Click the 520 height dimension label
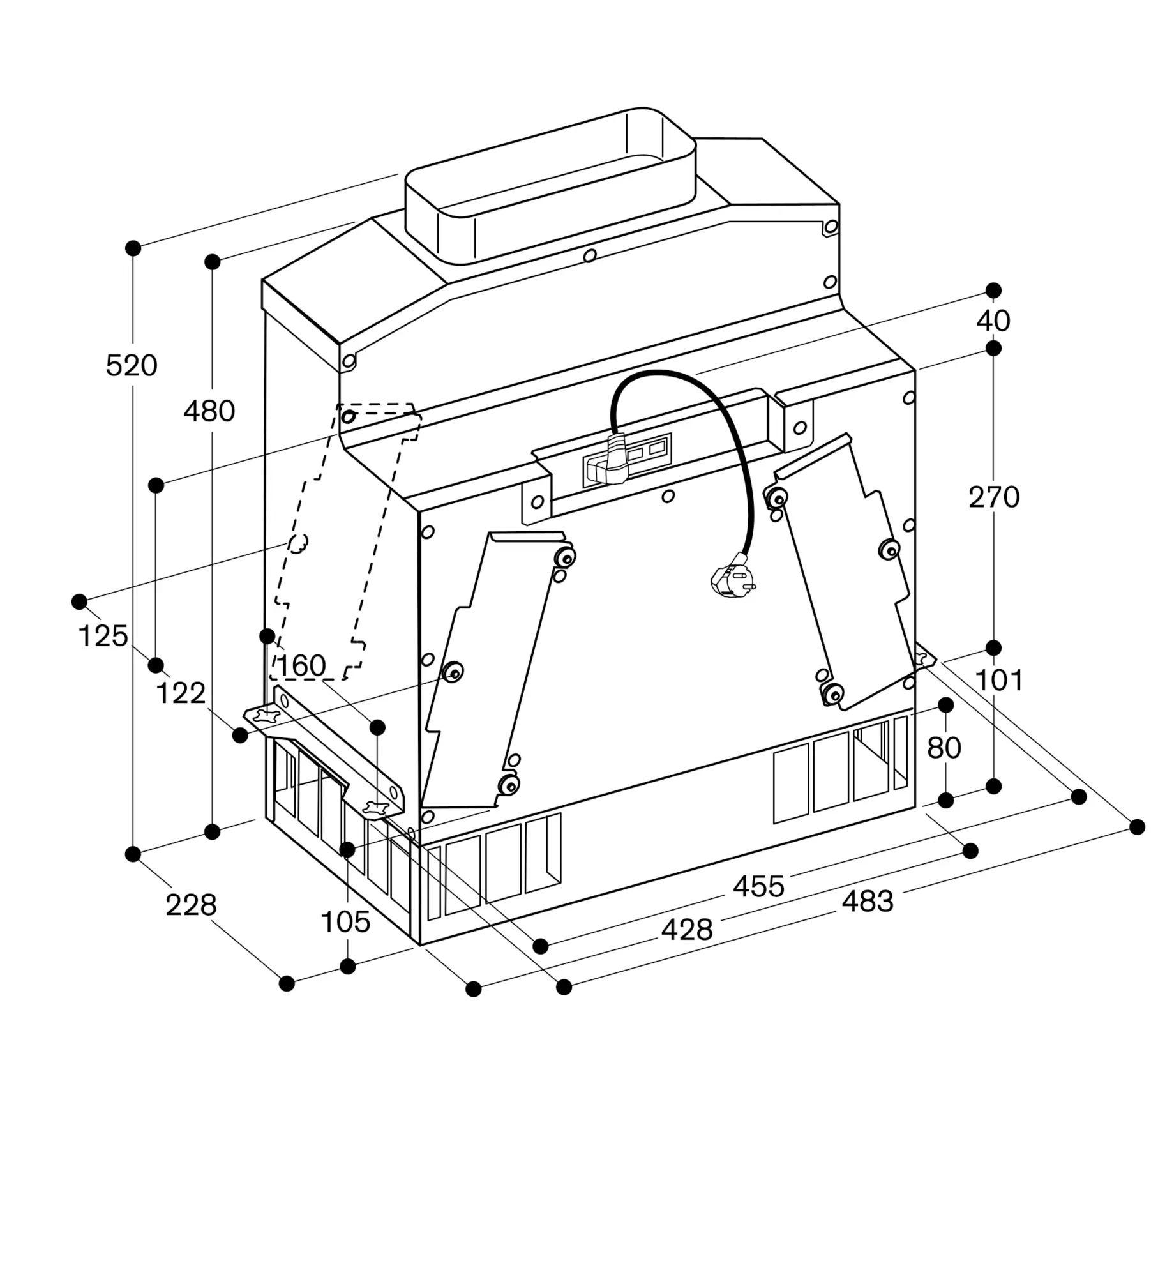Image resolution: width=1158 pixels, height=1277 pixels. (132, 366)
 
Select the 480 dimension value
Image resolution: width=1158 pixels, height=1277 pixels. (209, 411)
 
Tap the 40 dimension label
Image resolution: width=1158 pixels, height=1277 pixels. (993, 321)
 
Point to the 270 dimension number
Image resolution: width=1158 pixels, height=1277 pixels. (994, 497)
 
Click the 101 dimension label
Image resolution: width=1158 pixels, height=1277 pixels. (999, 681)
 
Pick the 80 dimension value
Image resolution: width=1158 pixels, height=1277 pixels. (944, 748)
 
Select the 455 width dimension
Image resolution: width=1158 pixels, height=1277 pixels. (758, 887)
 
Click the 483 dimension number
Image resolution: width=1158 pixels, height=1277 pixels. (868, 902)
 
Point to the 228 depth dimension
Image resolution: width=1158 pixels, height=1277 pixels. (191, 905)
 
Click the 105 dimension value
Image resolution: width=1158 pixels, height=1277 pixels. (345, 922)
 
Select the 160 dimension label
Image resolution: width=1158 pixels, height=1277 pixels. (301, 666)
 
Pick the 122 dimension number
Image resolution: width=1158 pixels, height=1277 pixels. (181, 693)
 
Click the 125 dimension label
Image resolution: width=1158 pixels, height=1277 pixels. (103, 637)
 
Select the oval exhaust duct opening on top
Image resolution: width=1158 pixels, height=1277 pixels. (550, 185)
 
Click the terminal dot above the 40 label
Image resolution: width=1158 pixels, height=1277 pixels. (993, 291)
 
